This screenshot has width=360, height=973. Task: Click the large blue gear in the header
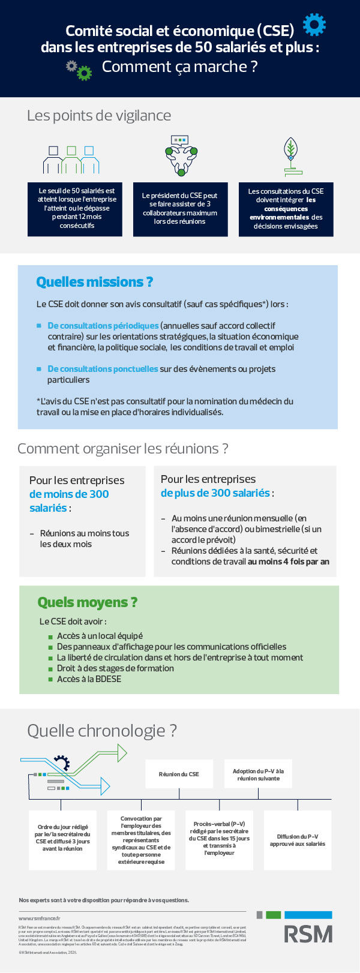click(314, 25)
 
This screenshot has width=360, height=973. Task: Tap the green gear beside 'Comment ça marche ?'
click(85, 73)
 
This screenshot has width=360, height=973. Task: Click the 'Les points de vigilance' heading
click(99, 115)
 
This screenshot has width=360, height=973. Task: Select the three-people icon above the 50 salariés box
click(71, 159)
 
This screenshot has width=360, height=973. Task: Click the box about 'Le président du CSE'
click(180, 209)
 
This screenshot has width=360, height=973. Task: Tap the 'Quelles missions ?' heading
click(94, 281)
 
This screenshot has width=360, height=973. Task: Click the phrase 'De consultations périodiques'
click(103, 326)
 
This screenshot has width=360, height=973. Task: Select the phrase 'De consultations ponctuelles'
click(103, 369)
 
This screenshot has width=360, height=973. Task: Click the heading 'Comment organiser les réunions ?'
click(123, 448)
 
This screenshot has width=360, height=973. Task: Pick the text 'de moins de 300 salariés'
click(68, 500)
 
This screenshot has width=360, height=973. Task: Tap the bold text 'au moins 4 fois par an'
click(289, 561)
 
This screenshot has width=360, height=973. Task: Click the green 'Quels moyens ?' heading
click(87, 602)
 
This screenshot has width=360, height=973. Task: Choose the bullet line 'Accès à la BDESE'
click(89, 679)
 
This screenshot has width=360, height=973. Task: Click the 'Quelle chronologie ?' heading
click(102, 730)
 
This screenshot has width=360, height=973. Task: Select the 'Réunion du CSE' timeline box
click(179, 774)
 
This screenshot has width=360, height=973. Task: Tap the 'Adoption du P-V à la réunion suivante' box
click(258, 774)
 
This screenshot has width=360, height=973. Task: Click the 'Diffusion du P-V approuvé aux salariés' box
click(297, 840)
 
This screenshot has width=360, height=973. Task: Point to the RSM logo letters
click(308, 933)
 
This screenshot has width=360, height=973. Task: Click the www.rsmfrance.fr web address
click(40, 918)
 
